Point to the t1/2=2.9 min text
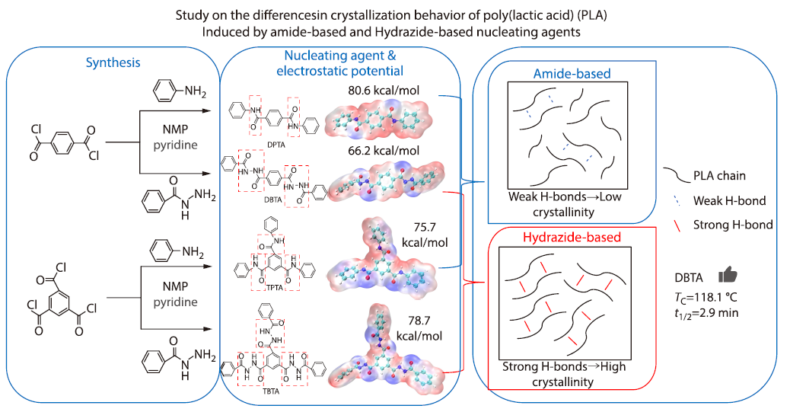click(706, 313)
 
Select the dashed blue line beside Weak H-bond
click(674, 200)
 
